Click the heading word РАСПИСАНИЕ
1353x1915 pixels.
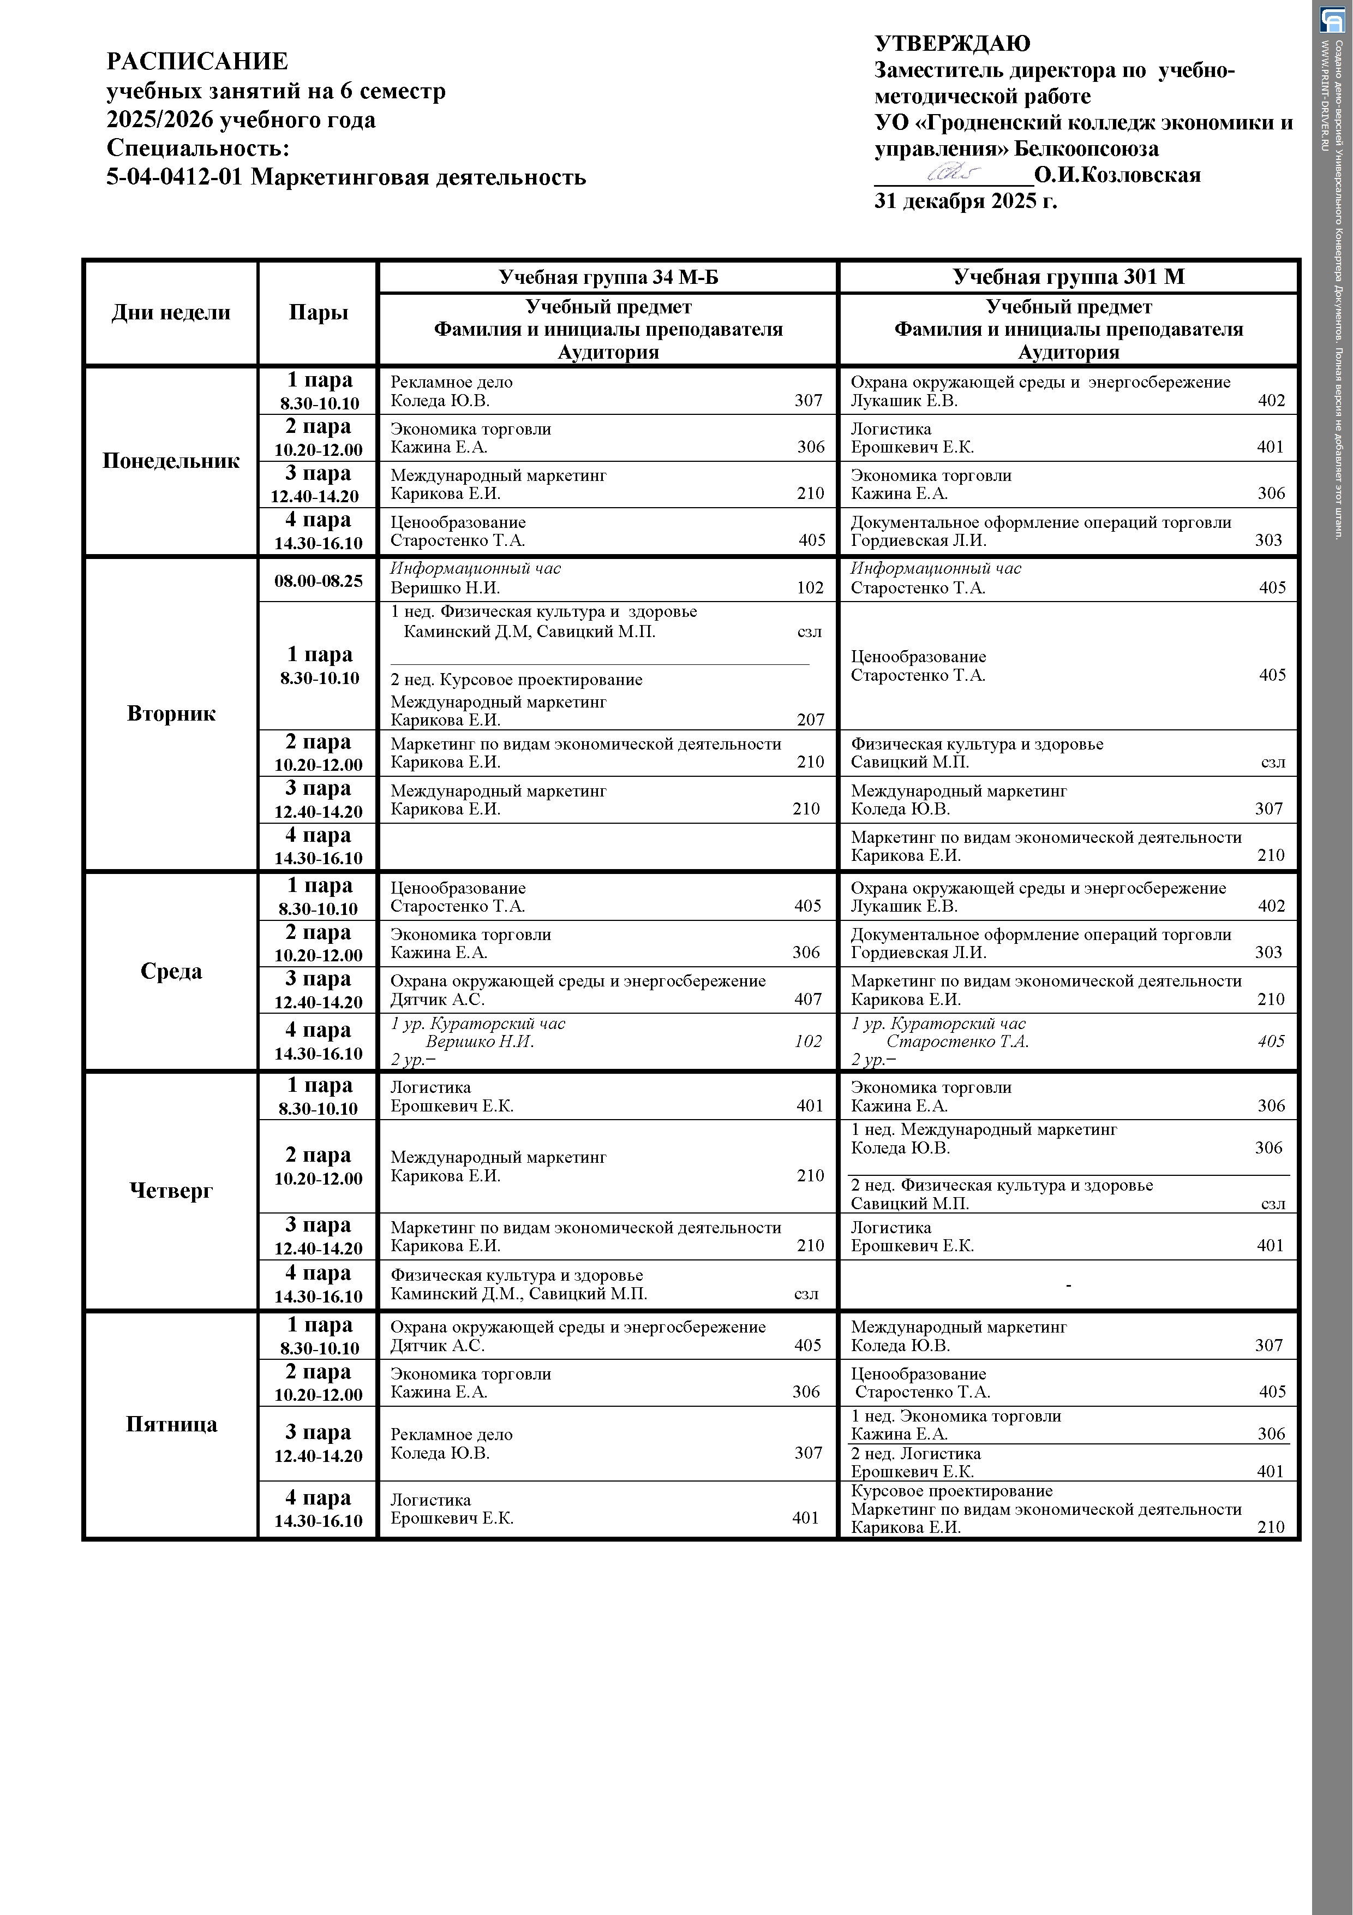coord(197,62)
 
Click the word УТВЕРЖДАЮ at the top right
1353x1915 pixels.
coord(952,43)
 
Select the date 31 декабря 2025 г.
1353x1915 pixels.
coord(965,201)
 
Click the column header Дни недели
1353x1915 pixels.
coord(171,313)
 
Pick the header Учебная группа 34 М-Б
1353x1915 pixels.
coord(608,277)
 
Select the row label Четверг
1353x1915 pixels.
coord(171,1190)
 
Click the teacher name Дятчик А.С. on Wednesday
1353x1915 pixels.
coord(437,999)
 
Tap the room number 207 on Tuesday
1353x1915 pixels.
coord(810,720)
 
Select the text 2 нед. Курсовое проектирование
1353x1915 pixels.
coord(516,680)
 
